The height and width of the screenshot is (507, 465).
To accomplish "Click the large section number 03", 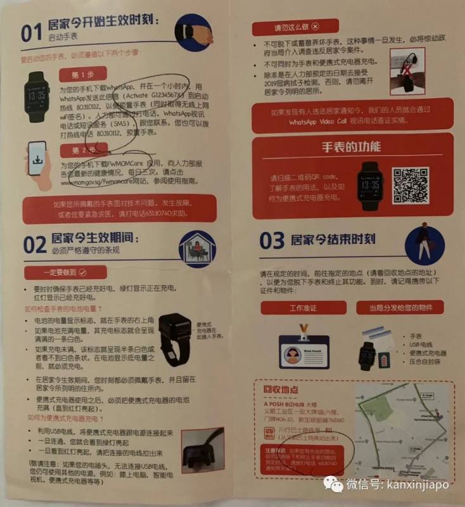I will (272, 241).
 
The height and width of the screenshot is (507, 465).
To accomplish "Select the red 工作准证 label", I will (303, 307).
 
